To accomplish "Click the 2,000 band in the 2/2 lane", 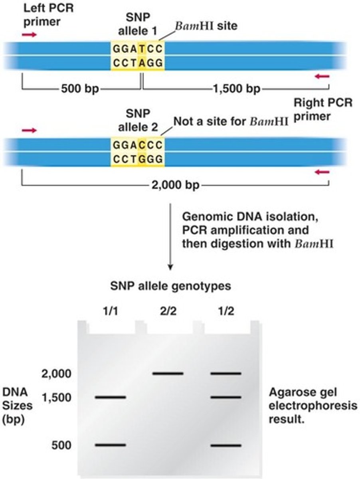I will (168, 374).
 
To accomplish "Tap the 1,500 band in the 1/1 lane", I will (111, 397).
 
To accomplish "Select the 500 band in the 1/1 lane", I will (111, 445).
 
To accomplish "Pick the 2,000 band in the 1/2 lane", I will (226, 374).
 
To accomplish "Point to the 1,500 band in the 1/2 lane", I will (226, 397).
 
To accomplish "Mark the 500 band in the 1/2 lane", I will (226, 445).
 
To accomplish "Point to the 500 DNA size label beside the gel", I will (61, 445).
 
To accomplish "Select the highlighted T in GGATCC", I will (142, 50).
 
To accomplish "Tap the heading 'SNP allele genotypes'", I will (170, 286).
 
